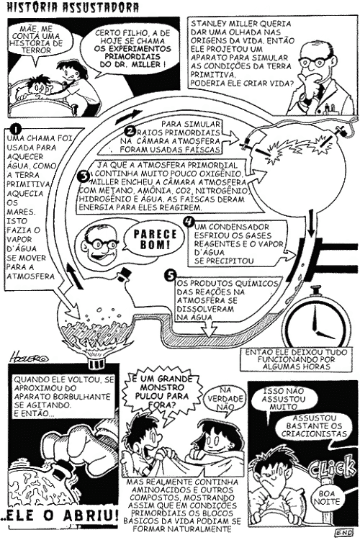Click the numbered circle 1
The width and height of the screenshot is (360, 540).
[16, 130]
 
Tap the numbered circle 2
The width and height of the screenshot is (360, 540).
[130, 132]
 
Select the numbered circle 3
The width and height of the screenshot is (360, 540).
[84, 176]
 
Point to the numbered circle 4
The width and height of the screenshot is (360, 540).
[189, 221]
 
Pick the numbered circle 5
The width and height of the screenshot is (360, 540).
[171, 275]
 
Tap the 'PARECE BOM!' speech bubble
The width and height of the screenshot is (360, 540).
[152, 239]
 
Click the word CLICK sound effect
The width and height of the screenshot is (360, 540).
[333, 469]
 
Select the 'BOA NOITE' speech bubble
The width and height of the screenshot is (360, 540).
[327, 498]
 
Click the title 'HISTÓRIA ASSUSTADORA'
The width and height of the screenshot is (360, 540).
[73, 8]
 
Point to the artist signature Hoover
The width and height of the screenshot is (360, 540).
[29, 357]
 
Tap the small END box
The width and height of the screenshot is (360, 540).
[344, 532]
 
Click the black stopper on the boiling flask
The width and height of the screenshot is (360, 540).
[123, 274]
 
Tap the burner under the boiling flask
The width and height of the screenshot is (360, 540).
[97, 364]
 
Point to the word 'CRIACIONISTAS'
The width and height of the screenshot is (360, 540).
[314, 434]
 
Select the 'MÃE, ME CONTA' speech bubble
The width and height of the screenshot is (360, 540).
[36, 39]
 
